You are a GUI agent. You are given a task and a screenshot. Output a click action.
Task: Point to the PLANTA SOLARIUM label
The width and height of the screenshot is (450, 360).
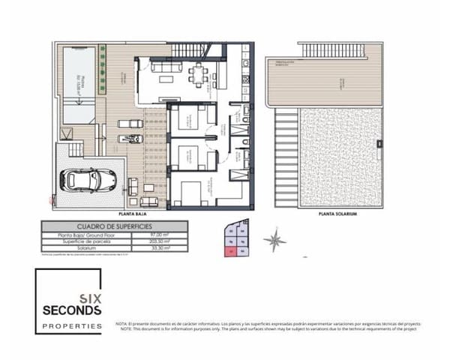pos(335,214)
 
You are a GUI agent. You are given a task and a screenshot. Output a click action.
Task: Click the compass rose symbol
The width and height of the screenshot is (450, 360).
pos(275,240)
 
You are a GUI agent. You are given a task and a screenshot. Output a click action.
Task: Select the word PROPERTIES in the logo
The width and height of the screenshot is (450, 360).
pos(73,326)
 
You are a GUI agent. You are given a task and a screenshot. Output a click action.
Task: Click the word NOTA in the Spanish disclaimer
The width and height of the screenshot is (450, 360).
pos(123,323)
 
